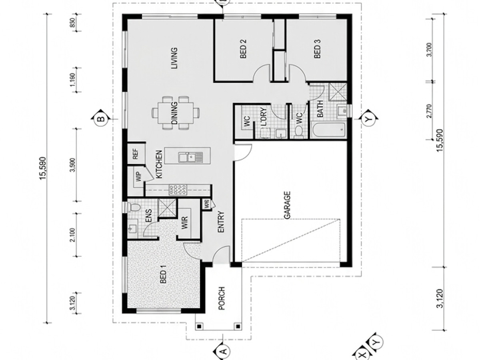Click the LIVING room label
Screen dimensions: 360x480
point(174,58)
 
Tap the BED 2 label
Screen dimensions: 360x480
point(243,49)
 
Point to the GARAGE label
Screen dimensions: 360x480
point(287,205)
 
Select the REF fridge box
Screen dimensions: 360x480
point(135,154)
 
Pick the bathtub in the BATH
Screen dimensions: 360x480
point(329,130)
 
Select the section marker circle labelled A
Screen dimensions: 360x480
point(224,351)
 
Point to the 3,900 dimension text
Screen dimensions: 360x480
point(72,165)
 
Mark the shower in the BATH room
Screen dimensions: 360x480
point(337,92)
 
